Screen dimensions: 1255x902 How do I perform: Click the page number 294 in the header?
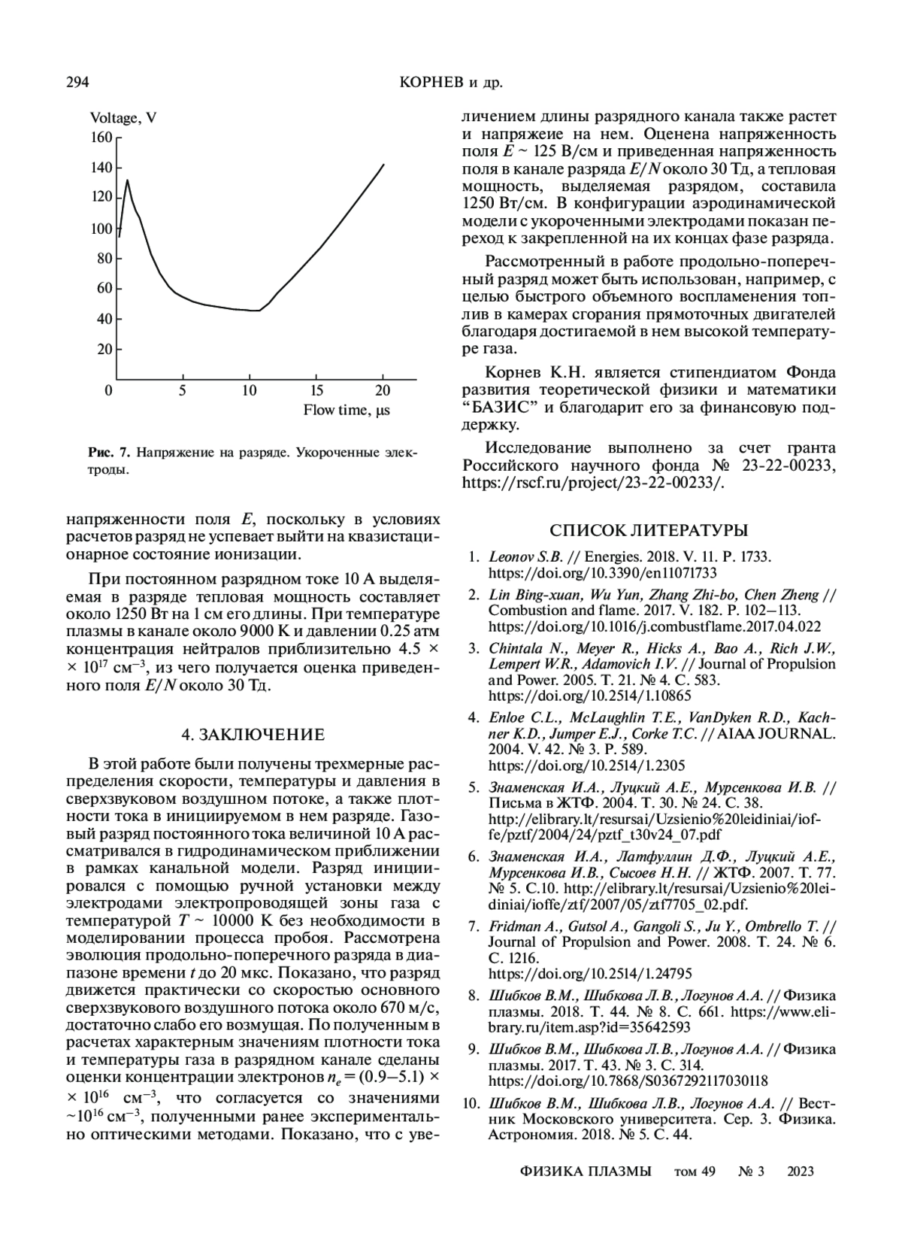(78, 82)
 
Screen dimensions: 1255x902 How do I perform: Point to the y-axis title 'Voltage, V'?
(123, 118)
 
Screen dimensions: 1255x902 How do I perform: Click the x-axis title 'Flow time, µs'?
(347, 410)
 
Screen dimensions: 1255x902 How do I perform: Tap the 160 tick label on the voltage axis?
(101, 138)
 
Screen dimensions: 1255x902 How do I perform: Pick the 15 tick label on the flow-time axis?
(317, 390)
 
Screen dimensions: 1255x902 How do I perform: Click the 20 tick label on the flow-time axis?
(383, 390)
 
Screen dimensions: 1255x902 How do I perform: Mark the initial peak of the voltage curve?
(128, 180)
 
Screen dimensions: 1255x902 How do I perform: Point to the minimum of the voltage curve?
(259, 310)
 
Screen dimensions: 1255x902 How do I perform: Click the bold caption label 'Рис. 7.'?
(109, 453)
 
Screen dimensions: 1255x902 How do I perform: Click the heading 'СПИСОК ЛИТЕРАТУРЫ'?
(649, 531)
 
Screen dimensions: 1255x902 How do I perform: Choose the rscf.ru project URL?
(593, 483)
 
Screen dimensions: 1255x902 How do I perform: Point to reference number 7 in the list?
(474, 926)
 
